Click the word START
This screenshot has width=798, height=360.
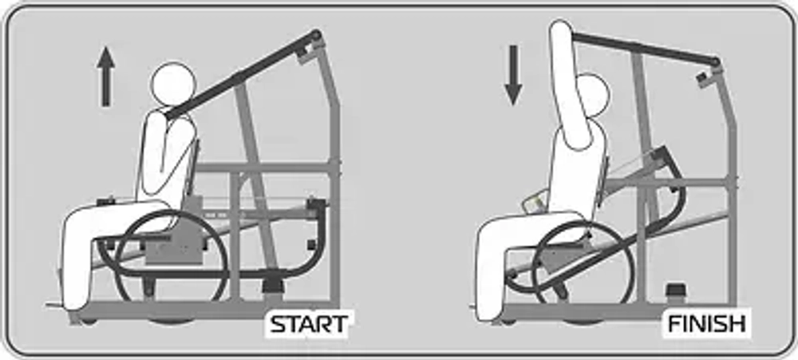point(308,324)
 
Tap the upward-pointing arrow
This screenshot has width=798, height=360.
point(106,77)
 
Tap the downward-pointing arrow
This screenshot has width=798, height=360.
point(513,75)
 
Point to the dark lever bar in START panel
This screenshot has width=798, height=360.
point(243,74)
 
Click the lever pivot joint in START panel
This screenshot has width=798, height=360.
point(317,35)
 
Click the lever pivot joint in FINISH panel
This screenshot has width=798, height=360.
point(715,62)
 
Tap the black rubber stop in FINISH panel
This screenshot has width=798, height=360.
point(676,292)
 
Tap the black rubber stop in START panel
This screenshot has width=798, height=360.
point(273,285)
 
